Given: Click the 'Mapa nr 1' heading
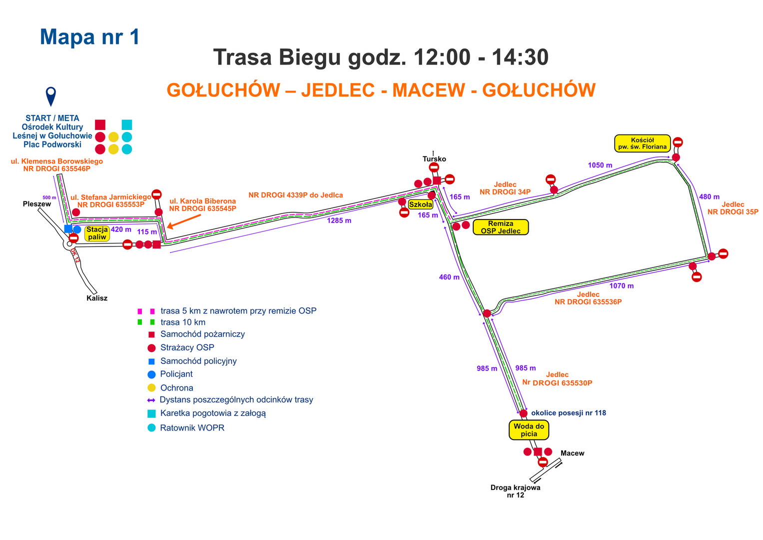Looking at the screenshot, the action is click(x=89, y=37).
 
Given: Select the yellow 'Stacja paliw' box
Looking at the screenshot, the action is click(x=97, y=233).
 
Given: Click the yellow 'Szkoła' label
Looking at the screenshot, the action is click(x=421, y=204).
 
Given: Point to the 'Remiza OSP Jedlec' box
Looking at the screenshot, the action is click(x=501, y=227).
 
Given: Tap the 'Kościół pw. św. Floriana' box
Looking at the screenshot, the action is click(x=643, y=143).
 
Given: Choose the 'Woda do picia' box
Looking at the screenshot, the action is click(x=529, y=430).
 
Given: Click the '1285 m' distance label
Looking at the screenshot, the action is click(x=339, y=220).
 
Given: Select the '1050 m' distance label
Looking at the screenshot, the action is click(x=600, y=165).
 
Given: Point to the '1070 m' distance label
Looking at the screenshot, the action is click(x=621, y=286).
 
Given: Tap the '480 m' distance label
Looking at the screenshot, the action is click(x=709, y=196).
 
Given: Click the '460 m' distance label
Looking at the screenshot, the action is click(x=449, y=277).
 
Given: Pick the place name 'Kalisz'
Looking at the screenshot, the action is click(x=97, y=298).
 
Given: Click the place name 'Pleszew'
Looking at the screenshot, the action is click(x=37, y=204).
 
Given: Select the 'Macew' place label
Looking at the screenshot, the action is click(x=572, y=453).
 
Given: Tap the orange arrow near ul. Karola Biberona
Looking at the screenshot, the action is click(x=184, y=221).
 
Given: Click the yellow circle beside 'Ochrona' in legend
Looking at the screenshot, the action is click(x=151, y=387).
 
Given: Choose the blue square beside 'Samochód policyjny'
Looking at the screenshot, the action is click(x=151, y=361).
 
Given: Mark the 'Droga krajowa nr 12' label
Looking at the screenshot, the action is click(x=515, y=491).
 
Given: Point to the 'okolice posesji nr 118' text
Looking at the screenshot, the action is click(x=569, y=413).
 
